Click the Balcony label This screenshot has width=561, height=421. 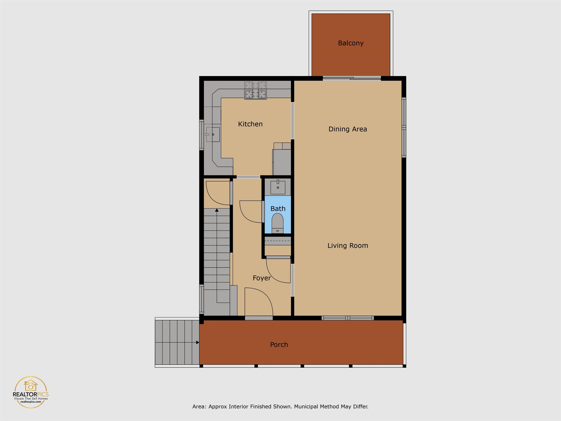(x=351, y=43)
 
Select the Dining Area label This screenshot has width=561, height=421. (x=348, y=129)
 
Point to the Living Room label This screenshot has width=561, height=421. (x=348, y=246)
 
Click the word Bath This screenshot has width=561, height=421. (x=278, y=209)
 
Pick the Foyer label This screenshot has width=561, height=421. (x=262, y=278)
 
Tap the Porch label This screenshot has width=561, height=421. (x=279, y=345)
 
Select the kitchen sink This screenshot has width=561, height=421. (x=213, y=134)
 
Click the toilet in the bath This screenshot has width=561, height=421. (x=277, y=223)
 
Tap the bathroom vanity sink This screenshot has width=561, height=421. (x=278, y=187)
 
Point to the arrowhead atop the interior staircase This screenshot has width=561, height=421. (x=217, y=210)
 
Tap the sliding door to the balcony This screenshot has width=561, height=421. (x=352, y=78)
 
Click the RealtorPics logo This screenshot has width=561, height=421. (x=31, y=392)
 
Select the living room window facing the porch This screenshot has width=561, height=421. (x=348, y=318)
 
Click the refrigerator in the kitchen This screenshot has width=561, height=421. (x=282, y=162)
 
